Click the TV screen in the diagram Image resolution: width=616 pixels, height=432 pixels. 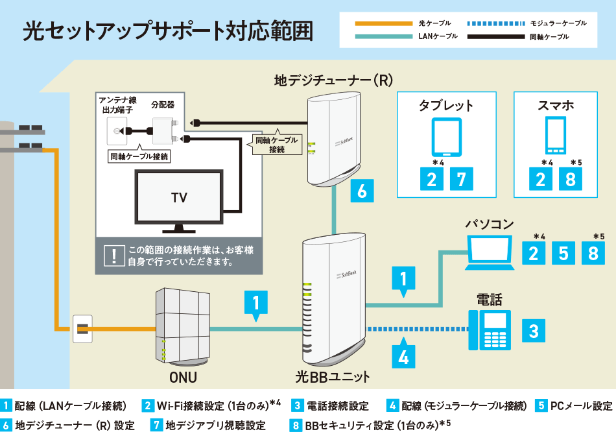(178, 197)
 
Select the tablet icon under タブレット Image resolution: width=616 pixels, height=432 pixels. (446, 137)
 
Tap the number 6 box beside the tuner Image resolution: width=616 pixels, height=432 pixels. (361, 191)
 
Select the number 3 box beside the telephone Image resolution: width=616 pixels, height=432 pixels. (533, 331)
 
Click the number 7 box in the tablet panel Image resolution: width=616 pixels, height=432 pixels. (461, 180)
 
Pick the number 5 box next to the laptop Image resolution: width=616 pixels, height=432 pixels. (563, 253)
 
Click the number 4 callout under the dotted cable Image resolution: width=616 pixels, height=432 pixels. (403, 356)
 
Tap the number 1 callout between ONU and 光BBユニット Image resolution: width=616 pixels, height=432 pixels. (256, 304)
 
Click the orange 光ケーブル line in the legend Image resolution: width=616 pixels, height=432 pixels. (383, 23)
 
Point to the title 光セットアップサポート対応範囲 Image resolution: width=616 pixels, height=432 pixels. (167, 30)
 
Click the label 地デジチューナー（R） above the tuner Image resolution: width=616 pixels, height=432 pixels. (333, 81)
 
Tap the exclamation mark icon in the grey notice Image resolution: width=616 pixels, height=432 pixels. (114, 256)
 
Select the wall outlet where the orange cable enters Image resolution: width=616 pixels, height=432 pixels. (83, 329)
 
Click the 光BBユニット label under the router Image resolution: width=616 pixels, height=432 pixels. (333, 377)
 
